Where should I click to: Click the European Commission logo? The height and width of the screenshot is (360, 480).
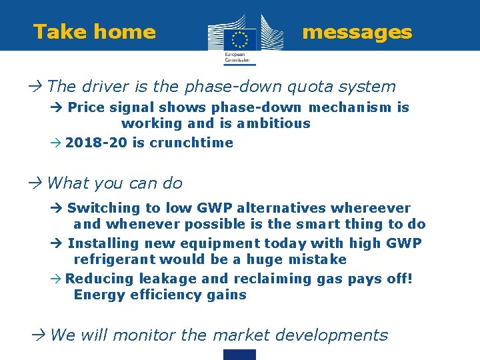[239, 39]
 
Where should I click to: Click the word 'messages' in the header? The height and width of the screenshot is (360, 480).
[357, 32]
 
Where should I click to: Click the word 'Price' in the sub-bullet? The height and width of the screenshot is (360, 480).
[86, 107]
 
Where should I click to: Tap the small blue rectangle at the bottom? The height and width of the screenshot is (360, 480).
[240, 355]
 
